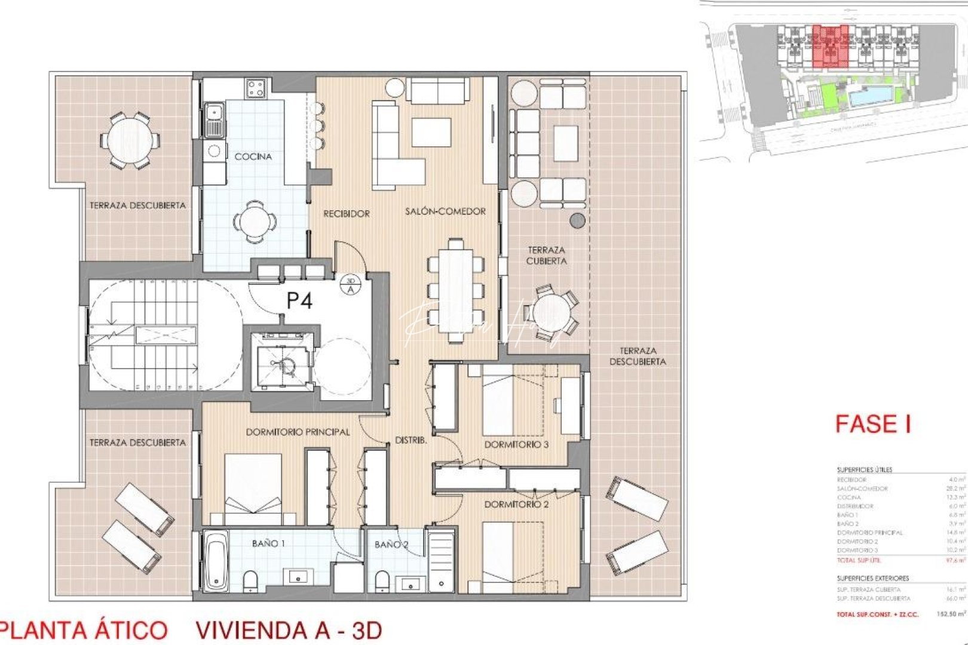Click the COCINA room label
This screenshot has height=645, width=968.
point(253,156)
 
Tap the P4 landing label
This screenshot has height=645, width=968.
point(299,300)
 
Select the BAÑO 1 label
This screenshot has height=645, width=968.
point(268,543)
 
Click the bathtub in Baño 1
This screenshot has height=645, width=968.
point(215,561)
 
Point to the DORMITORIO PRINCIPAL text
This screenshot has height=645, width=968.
point(298,432)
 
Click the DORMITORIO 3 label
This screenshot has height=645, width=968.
point(516,444)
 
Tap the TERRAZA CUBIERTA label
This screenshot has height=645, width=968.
point(546,256)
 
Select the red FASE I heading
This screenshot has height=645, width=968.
point(872,424)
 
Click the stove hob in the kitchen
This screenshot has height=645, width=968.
point(256,89)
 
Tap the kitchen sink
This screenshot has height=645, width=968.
point(213,119)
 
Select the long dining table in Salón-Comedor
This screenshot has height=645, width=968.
point(455,290)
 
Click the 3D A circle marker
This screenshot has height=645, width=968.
point(350,285)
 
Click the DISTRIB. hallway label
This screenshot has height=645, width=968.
point(411,440)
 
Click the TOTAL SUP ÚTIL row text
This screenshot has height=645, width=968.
point(859,560)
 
